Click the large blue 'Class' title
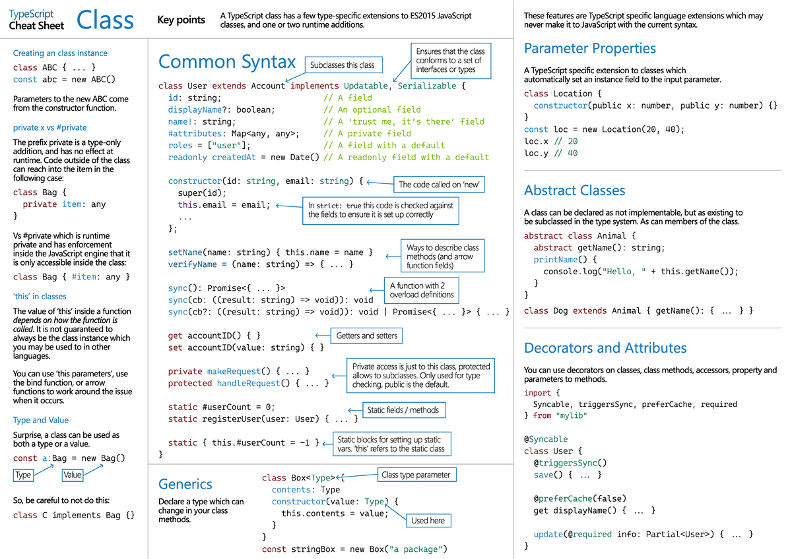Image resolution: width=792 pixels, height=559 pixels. (x=105, y=20)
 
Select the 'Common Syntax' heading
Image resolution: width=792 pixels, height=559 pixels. (x=226, y=62)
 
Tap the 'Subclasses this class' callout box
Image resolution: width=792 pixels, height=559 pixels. (x=343, y=65)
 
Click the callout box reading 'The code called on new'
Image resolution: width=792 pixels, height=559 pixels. (x=439, y=185)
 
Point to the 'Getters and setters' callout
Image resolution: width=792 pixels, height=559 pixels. (x=366, y=336)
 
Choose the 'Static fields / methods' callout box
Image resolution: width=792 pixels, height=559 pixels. (x=404, y=410)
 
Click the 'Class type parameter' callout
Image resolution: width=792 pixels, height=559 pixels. (x=416, y=475)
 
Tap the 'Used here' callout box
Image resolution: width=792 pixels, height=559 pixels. (x=428, y=521)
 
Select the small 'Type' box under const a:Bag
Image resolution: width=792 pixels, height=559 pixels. (x=23, y=475)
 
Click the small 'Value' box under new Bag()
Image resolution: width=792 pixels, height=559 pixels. (x=73, y=475)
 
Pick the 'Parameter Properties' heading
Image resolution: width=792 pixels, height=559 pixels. (x=590, y=48)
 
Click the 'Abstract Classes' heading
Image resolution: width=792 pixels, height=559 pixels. (x=575, y=191)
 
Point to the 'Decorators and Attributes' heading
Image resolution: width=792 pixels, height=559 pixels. (x=605, y=348)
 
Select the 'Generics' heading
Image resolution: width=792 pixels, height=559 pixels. (x=185, y=484)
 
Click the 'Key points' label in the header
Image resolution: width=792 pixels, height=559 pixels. (x=181, y=20)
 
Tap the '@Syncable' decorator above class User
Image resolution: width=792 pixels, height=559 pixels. (x=546, y=439)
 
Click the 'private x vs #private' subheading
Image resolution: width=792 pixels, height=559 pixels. (x=50, y=127)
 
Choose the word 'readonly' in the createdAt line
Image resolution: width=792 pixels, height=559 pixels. (x=187, y=157)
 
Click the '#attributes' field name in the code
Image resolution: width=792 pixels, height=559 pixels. (x=195, y=133)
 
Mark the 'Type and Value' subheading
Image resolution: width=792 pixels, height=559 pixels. (x=41, y=420)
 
